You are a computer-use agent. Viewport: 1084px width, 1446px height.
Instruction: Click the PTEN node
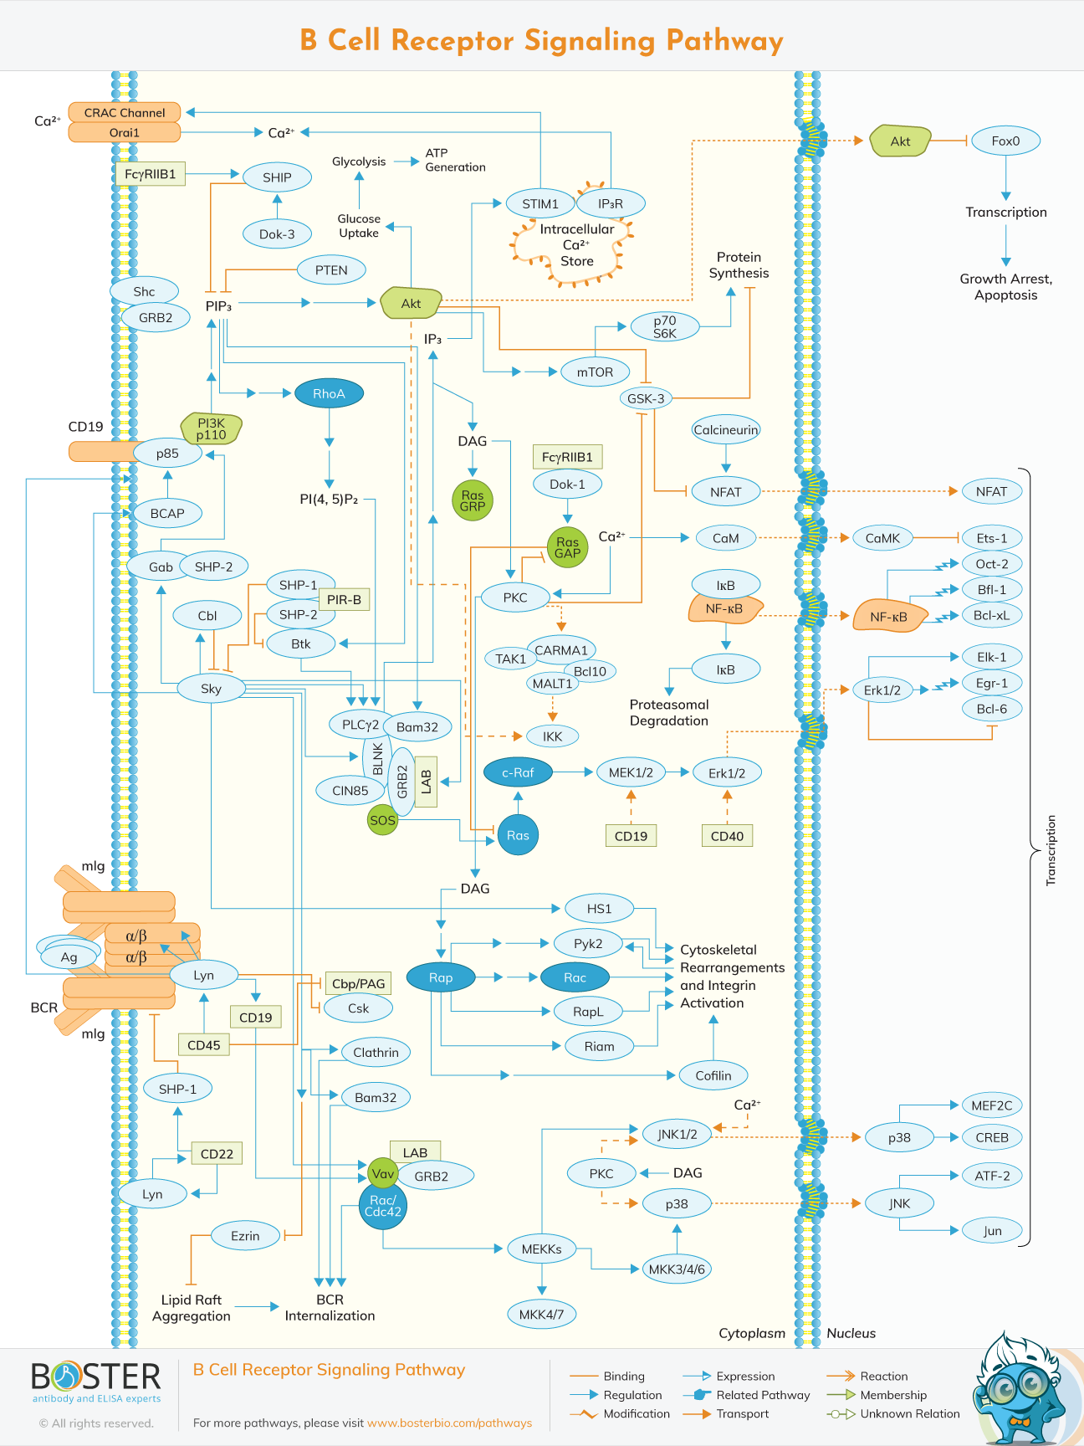331,270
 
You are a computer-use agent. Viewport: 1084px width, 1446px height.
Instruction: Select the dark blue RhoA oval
329,393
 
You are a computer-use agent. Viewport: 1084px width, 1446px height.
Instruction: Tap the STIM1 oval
540,203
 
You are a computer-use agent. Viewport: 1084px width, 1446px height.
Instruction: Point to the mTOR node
595,372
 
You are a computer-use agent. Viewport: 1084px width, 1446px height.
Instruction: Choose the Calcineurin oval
725,430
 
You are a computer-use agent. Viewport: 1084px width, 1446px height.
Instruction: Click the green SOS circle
382,820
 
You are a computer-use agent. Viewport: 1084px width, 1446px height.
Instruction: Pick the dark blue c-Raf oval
518,772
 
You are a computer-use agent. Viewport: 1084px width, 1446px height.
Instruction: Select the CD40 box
727,835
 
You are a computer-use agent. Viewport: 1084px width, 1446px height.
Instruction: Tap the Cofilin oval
713,1075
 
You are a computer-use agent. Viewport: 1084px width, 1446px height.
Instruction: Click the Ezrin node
245,1236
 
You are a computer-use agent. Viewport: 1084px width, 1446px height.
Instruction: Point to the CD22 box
217,1154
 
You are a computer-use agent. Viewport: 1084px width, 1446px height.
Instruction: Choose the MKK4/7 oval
541,1314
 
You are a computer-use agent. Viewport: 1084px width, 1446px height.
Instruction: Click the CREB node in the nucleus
992,1137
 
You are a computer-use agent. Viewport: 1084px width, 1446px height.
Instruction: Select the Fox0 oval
1005,141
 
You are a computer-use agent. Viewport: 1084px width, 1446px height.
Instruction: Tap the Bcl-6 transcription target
992,709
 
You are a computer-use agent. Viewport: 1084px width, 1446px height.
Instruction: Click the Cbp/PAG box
358,983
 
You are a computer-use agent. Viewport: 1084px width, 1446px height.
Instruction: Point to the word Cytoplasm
752,1333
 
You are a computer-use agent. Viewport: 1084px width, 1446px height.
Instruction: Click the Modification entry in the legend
637,1413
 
